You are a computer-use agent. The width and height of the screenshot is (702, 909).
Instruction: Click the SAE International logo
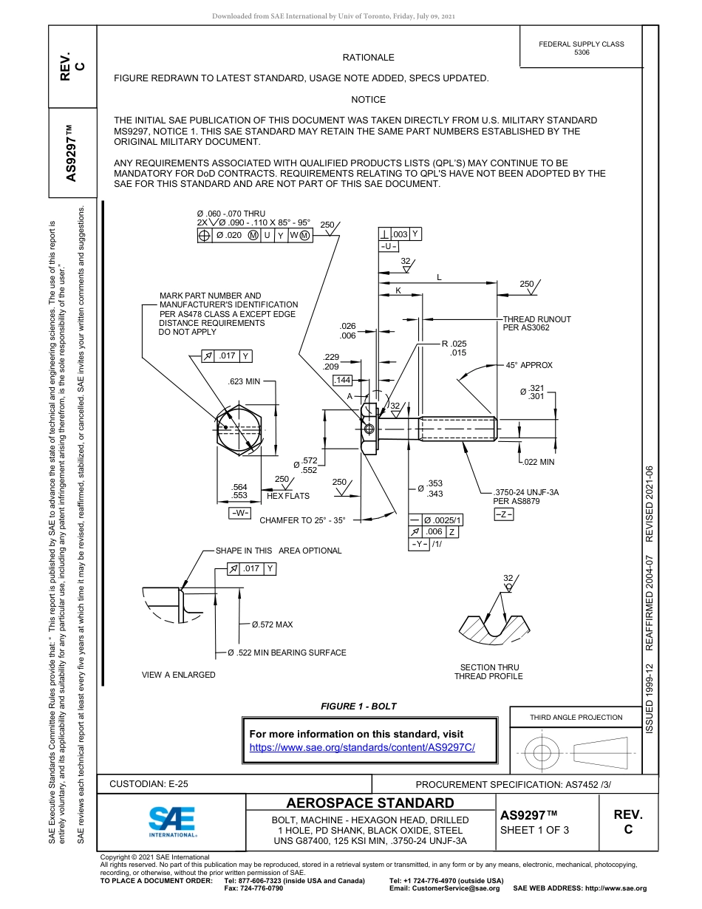171,820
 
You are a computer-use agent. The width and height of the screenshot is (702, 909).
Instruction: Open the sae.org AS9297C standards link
362,747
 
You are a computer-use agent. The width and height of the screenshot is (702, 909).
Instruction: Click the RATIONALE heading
368,58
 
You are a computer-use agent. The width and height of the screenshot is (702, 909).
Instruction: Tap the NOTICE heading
368,100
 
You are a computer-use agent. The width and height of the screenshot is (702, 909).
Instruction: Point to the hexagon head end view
237,429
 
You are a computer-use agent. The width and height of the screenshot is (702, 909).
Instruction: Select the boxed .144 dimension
343,380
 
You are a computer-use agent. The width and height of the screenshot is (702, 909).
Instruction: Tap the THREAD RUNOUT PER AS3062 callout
536,323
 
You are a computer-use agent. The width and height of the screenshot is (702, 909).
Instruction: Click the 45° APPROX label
528,366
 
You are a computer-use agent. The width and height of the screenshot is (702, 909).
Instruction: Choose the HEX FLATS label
288,496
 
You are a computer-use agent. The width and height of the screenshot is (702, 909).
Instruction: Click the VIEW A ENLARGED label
179,675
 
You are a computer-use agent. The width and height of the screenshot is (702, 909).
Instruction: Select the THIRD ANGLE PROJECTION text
576,717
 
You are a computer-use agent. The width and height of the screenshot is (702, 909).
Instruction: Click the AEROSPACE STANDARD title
370,803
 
